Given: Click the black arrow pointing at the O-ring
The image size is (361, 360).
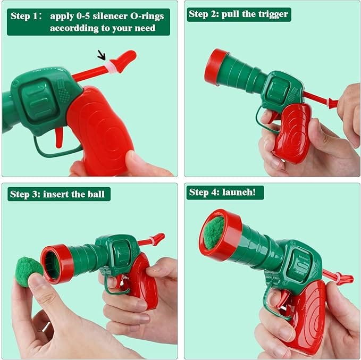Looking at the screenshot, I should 101,54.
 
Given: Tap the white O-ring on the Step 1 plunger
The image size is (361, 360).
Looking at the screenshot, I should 111,66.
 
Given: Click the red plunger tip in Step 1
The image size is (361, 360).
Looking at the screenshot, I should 126,59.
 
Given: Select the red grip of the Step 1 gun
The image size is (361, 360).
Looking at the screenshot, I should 104,130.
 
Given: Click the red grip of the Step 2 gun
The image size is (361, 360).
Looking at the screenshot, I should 293,133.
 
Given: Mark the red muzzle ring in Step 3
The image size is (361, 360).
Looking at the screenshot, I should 56,263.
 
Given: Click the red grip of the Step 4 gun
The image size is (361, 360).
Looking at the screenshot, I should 308,319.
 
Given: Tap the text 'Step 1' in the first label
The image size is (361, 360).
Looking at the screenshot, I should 27,15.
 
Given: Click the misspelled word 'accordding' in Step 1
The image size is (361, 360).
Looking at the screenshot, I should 74,28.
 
